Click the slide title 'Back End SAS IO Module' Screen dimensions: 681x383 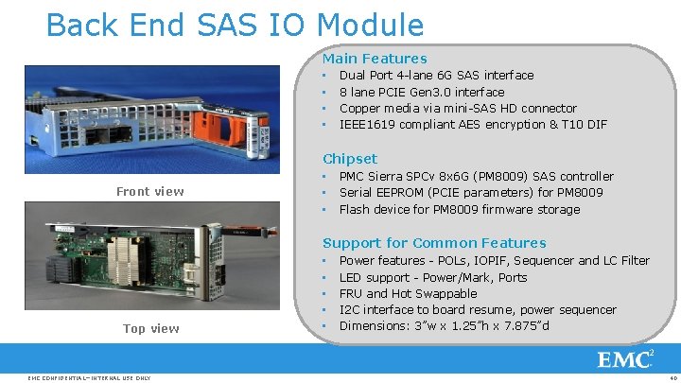pos(235,24)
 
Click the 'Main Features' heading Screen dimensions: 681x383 pos(375,59)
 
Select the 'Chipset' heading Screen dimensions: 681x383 pos(350,159)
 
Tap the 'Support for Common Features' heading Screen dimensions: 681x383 pos(434,243)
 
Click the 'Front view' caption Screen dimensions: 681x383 pos(150,192)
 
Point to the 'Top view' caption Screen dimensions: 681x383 pos(150,328)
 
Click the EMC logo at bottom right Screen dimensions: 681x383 pos(625,359)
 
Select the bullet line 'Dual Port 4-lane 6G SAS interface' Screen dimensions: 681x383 pos(436,76)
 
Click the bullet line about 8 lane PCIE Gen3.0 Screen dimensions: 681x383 pos(421,92)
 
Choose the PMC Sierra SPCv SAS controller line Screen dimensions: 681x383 pos(476,177)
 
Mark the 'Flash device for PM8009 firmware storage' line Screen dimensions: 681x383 pos(460,210)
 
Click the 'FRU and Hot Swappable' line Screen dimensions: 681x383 pos(408,293)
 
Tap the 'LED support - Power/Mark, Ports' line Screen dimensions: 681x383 pos(433,277)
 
